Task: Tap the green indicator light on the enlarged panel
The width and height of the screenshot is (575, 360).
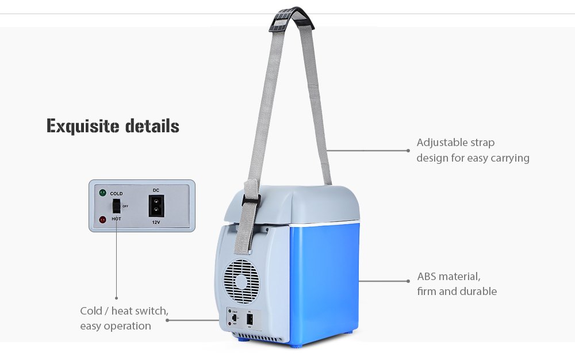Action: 102,193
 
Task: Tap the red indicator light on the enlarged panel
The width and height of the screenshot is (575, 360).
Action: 102,219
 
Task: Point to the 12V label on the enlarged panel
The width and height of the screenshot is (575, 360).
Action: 156,221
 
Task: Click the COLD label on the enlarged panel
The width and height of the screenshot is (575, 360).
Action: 116,194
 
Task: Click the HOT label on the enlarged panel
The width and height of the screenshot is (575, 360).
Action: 116,219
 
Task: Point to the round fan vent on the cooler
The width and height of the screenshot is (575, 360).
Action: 241,281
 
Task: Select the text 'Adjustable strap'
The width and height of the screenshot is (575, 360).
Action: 455,143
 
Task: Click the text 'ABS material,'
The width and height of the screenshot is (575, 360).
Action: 448,277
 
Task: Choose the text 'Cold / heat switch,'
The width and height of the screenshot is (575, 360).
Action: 124,311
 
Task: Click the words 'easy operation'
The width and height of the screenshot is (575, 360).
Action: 116,326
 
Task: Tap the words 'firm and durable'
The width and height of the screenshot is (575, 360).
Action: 457,292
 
